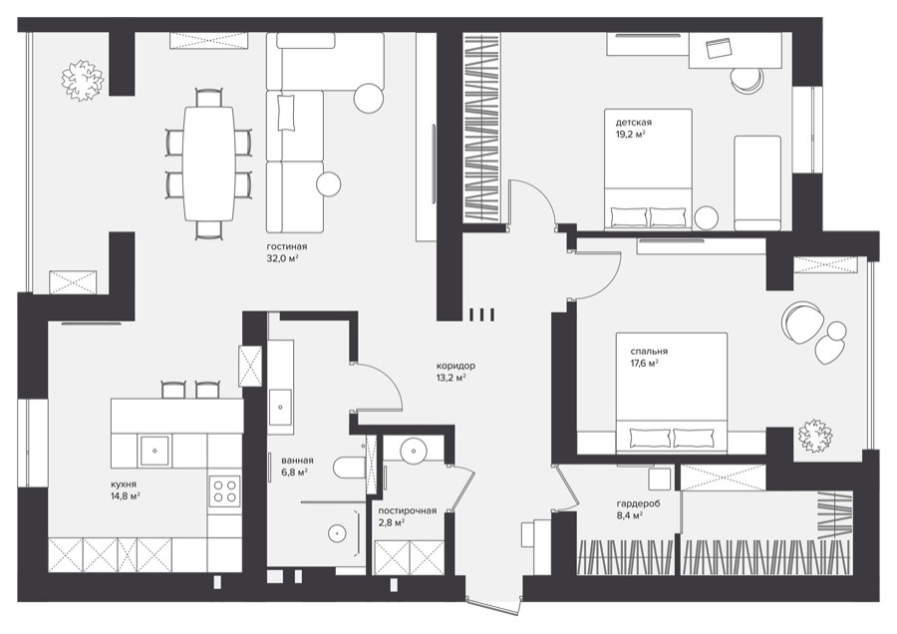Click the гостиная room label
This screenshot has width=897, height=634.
[x=287, y=246]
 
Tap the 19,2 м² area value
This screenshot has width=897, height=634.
[x=631, y=134]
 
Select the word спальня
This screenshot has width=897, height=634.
[x=649, y=351]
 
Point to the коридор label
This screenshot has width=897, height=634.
[x=455, y=366]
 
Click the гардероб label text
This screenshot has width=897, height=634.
[x=638, y=504]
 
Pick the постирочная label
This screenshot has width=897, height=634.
[x=408, y=511]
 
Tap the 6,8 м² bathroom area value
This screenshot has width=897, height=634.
[x=295, y=473]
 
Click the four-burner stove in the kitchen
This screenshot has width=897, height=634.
[x=225, y=490]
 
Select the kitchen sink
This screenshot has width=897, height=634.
[x=154, y=451]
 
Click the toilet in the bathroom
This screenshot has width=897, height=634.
[x=349, y=468]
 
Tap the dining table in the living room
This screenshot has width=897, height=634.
[x=209, y=163]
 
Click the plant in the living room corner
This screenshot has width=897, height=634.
[x=83, y=81]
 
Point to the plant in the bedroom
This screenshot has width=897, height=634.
[x=815, y=436]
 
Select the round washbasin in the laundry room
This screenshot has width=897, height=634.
[x=413, y=451]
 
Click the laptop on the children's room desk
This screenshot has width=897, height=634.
[x=719, y=48]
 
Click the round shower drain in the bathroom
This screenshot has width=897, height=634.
[x=338, y=533]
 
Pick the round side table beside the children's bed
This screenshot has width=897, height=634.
[x=707, y=217]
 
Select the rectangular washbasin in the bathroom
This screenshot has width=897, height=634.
[x=280, y=407]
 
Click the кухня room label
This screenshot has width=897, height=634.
[x=125, y=484]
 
